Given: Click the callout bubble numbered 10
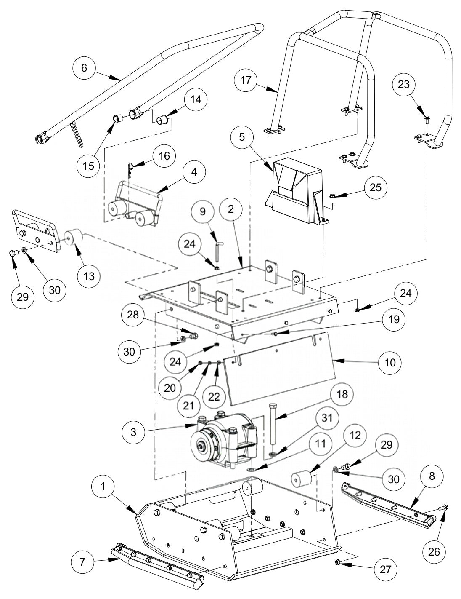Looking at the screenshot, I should (390, 362).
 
